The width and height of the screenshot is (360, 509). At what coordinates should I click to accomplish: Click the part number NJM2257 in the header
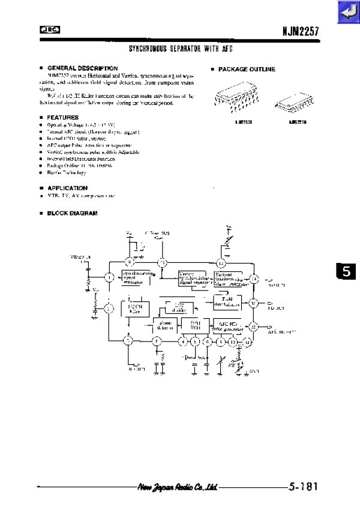pos(299,29)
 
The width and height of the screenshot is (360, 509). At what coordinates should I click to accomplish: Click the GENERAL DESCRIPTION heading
pos(82,68)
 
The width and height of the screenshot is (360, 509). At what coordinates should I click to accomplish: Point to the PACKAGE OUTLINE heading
pos(246,70)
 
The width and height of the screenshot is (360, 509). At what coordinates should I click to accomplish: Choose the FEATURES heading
pos(63,117)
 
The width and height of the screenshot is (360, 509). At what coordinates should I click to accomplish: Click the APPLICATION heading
pos(67,188)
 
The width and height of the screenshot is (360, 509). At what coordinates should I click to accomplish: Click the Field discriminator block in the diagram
pos(227,301)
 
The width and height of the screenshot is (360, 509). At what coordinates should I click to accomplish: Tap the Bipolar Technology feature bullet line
pos(62,172)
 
